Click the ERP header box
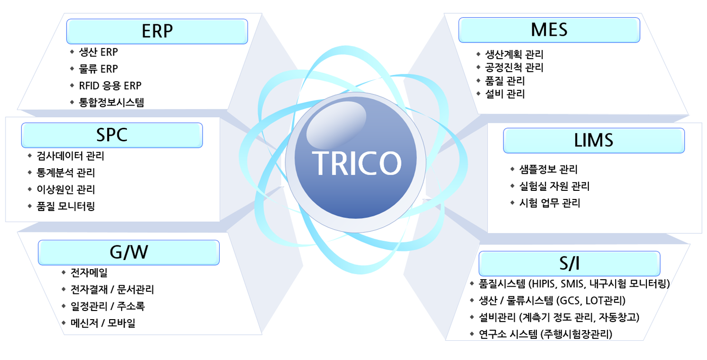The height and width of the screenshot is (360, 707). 157,31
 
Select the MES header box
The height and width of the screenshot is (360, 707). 549,30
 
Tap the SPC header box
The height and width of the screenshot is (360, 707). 112,135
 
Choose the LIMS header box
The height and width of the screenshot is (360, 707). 594,140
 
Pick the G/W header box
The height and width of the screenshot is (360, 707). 129,252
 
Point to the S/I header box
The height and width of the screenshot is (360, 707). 570,264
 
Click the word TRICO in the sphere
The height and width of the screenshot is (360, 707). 357,163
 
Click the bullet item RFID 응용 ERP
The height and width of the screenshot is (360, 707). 110,85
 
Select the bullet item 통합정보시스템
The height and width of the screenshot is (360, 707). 112,102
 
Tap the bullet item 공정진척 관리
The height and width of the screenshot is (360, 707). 514,68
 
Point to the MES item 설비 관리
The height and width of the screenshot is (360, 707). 505,94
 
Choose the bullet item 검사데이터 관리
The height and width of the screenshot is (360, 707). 70,156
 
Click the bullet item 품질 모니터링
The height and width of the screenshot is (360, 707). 66,207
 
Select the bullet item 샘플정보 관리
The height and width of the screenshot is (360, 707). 548,170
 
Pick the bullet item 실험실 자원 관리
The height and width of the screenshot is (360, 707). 554,186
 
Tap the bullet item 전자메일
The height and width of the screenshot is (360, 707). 89,273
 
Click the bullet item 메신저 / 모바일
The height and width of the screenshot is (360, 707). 103,323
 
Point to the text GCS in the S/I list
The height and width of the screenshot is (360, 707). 570,301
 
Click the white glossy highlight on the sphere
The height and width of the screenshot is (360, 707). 336,125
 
